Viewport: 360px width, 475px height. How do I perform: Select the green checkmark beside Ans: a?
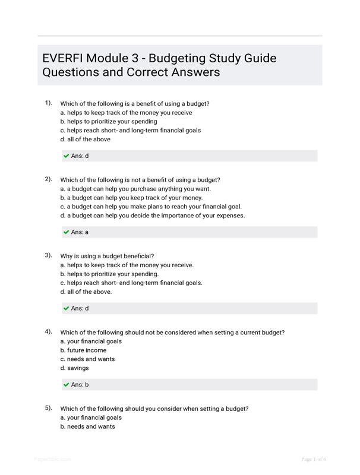pos(66,232)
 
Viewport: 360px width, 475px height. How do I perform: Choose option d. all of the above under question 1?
pos(85,140)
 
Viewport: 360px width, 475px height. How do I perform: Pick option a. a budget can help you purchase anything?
pos(135,189)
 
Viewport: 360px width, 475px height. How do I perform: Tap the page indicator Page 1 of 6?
pos(314,459)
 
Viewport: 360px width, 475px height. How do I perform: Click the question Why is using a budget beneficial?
pos(107,256)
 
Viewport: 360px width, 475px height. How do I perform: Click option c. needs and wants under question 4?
pos(87,359)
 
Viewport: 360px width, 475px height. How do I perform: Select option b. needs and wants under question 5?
pos(87,426)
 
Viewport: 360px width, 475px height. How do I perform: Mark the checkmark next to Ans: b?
pos(66,385)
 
